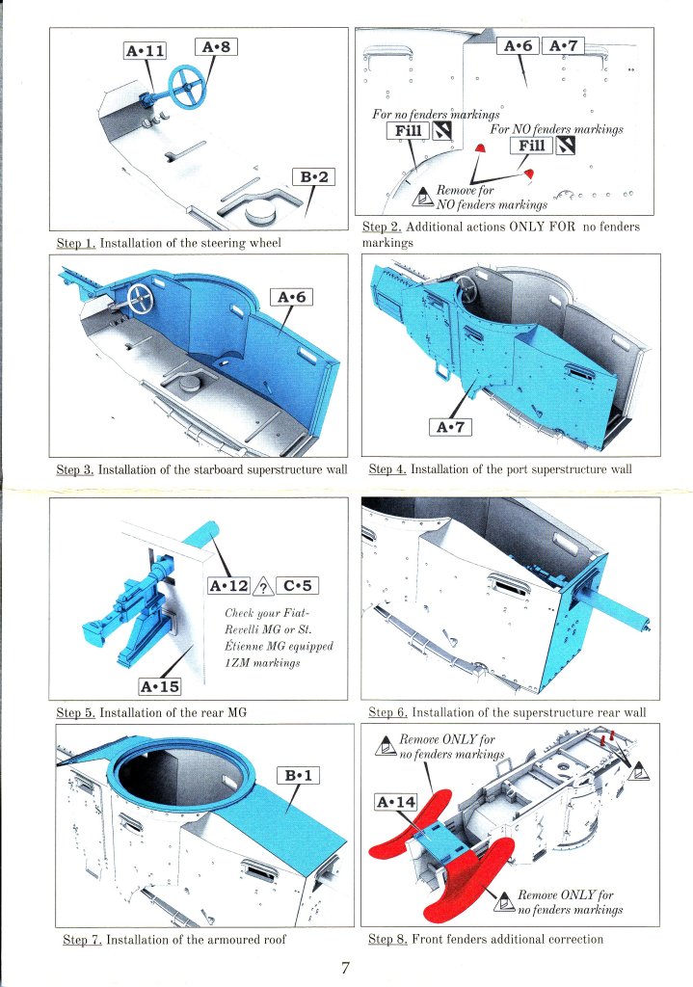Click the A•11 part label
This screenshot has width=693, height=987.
point(146,51)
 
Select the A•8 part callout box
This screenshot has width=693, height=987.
point(217,46)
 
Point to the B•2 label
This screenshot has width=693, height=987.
point(314,177)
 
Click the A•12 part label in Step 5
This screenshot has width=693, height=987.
point(229,586)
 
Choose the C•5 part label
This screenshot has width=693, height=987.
point(297,586)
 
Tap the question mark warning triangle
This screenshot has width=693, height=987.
point(263,587)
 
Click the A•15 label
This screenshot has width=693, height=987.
point(160,686)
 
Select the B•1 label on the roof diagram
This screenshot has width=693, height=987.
point(299,776)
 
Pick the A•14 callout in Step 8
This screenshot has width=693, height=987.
point(396,802)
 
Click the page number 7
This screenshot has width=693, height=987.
point(345,968)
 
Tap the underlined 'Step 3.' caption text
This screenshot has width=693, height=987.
point(75,469)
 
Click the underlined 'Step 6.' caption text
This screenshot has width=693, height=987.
point(387,712)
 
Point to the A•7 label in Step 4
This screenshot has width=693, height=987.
point(451,427)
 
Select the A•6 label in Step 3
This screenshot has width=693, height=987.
point(291,297)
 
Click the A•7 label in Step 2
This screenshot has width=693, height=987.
point(563,46)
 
